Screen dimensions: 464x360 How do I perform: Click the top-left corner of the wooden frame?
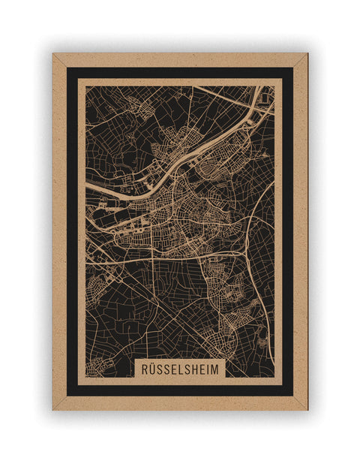53,54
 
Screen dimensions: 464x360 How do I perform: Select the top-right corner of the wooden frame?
307,54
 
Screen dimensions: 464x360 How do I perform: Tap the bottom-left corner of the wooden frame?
53,409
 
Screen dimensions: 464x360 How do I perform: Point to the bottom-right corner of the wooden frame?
307,409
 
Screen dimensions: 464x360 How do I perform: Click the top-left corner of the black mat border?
67,68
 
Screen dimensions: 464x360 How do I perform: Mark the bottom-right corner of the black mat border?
292,395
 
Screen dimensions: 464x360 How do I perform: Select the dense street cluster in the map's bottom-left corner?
95,368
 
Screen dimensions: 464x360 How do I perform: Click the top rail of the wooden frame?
180,60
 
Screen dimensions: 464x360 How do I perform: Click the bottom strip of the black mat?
180,390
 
